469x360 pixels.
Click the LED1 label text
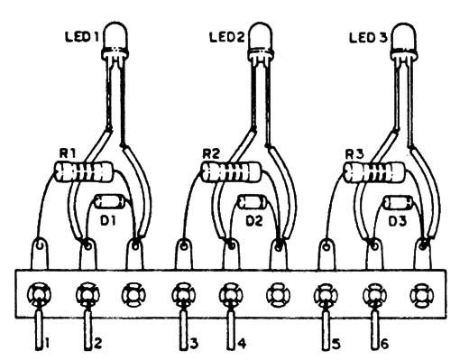click(82, 37)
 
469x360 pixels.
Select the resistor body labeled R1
click(83, 171)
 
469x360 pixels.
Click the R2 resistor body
click(231, 171)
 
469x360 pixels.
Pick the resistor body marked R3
click(373, 171)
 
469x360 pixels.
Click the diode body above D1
click(109, 201)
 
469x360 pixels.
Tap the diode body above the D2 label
click(253, 202)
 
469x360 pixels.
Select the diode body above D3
click(398, 202)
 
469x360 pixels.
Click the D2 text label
click(254, 221)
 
